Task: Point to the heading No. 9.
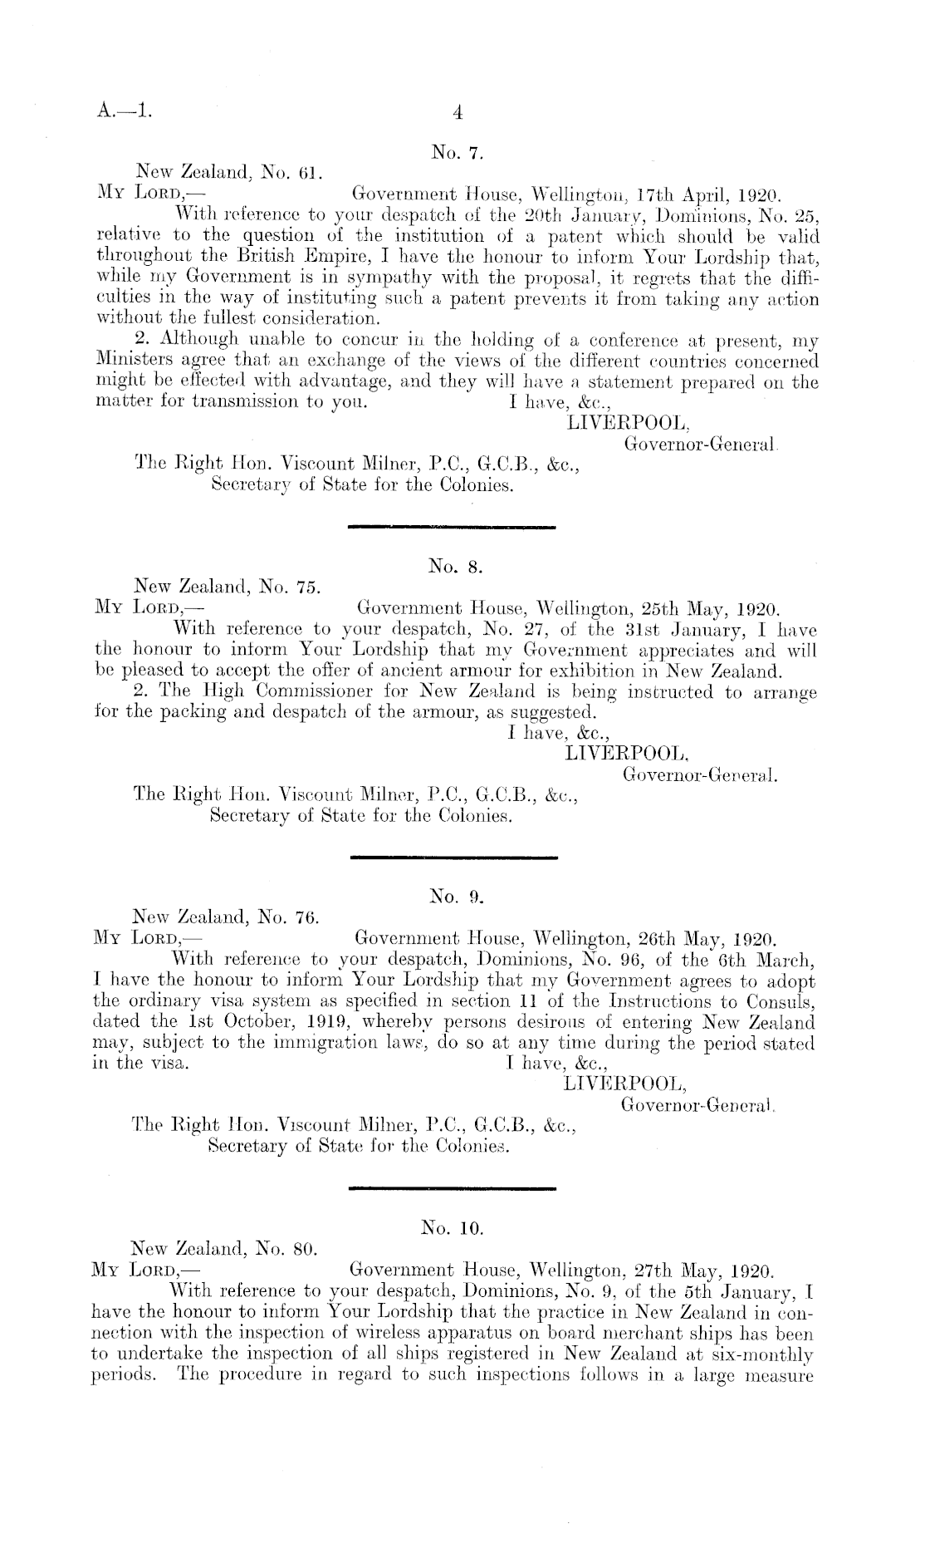pyautogui.click(x=453, y=897)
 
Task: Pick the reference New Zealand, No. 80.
pyautogui.click(x=226, y=1249)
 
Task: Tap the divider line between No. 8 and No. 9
pyautogui.click(x=453, y=857)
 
